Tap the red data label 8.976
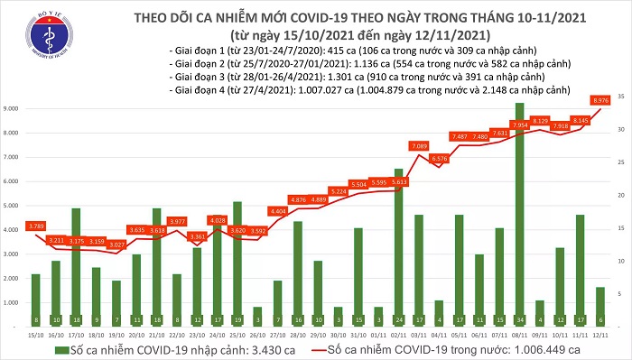[599, 100]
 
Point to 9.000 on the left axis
[14, 108]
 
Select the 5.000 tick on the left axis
[14, 206]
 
